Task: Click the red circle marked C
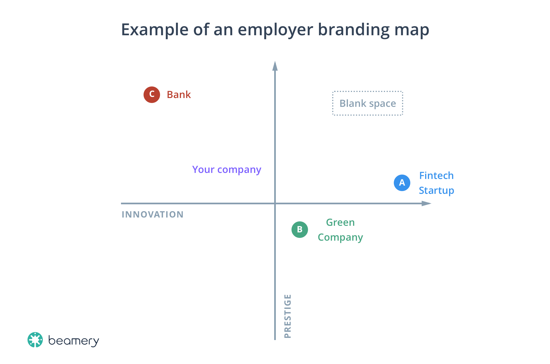[152, 94]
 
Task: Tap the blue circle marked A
[402, 183]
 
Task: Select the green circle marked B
[299, 229]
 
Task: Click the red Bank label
[179, 95]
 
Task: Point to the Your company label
[227, 170]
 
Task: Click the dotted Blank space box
[368, 103]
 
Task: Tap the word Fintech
[436, 176]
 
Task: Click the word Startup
[436, 191]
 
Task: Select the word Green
[340, 222]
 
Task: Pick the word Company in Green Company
[340, 237]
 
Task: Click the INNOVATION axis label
[152, 214]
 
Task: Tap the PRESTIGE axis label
[287, 316]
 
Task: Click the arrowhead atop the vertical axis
[275, 66]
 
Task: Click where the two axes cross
[275, 203]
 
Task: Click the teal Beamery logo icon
[35, 340]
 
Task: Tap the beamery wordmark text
[73, 341]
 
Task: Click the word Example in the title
[155, 30]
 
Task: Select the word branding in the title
[354, 30]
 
